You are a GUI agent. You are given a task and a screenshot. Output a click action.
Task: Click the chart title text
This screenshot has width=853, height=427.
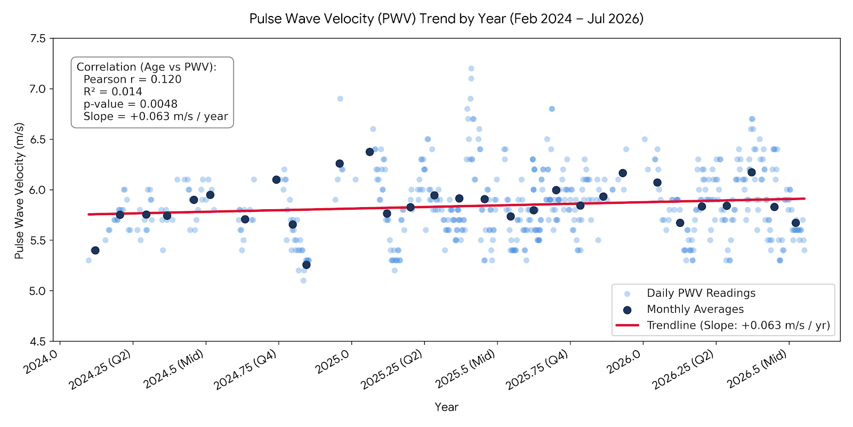446,18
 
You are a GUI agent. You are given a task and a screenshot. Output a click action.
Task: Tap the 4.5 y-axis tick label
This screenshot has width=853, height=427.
37,342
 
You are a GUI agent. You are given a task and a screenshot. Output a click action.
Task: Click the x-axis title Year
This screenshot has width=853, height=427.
446,407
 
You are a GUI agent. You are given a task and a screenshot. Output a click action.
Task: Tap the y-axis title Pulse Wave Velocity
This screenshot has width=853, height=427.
19,191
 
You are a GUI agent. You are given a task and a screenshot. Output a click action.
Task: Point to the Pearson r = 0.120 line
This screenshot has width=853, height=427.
132,80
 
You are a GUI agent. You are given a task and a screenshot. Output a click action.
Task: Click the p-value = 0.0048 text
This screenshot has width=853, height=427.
130,104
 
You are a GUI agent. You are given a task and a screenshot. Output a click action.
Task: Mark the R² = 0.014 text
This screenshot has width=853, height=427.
112,91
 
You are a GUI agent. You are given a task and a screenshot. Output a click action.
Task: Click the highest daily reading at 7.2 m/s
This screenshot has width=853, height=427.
471,69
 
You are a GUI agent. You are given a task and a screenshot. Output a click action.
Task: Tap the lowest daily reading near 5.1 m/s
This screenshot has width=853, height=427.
303,281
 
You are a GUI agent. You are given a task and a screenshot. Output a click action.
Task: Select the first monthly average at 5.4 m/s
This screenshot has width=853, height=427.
95,250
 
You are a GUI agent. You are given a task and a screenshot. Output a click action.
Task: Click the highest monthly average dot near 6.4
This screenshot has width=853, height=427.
369,152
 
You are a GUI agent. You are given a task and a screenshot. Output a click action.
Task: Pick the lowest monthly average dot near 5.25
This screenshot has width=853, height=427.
306,265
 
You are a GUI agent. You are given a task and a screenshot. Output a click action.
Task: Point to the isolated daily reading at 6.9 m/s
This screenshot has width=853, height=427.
340,99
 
